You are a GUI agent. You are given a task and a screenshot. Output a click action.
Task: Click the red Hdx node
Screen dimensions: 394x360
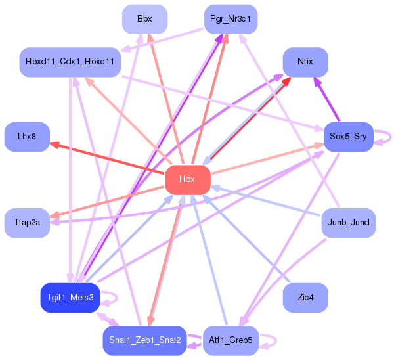pos(187,179)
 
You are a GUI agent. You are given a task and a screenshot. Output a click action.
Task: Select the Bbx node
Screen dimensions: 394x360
pos(144,19)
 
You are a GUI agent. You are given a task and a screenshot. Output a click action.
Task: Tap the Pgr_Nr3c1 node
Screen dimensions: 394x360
pos(230,19)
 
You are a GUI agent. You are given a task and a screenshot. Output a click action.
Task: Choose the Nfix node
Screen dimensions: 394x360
pos(305,62)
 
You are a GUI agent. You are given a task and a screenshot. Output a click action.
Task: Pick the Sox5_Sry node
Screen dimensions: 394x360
pos(348,137)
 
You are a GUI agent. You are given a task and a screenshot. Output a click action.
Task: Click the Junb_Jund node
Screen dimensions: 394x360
pos(347,223)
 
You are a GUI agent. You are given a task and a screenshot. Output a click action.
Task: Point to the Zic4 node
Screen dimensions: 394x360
pos(305,298)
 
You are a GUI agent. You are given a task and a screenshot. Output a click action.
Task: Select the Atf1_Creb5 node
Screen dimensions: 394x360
pos(230,340)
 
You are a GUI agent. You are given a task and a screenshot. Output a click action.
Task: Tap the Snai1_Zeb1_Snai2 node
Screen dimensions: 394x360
pos(143,340)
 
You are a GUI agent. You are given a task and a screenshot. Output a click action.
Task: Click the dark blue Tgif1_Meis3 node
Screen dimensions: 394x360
pos(70,298)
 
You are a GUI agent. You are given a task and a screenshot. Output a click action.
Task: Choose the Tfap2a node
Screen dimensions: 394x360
pos(27,223)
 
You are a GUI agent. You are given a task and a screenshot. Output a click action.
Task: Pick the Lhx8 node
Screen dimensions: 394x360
pos(27,137)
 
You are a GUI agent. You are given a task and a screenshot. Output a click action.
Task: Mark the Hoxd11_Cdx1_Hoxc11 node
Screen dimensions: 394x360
pos(70,62)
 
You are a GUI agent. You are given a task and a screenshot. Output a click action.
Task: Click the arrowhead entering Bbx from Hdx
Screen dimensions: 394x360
pos(150,38)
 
